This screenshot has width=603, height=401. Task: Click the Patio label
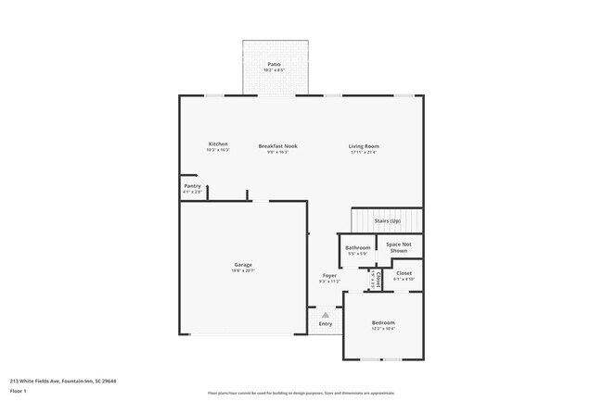pyautogui.click(x=273, y=64)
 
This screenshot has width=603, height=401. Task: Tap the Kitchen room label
pyautogui.click(x=218, y=144)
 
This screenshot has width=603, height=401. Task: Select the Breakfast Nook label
pyautogui.click(x=277, y=145)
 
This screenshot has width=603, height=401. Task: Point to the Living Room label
pyautogui.click(x=364, y=145)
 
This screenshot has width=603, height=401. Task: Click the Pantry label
pyautogui.click(x=192, y=186)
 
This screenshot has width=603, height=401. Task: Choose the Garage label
pyautogui.click(x=242, y=265)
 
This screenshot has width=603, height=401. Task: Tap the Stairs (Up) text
pyautogui.click(x=387, y=221)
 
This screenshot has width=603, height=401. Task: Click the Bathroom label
pyautogui.click(x=358, y=247)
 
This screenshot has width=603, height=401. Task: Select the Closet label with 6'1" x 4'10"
pyautogui.click(x=404, y=273)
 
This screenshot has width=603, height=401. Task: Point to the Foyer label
pyautogui.click(x=329, y=276)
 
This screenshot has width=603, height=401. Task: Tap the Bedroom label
pyautogui.click(x=383, y=322)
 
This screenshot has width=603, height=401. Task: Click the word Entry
pyautogui.click(x=326, y=323)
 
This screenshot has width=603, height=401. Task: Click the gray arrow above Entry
pyautogui.click(x=326, y=315)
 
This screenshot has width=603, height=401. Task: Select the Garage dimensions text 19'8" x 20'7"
pyautogui.click(x=242, y=270)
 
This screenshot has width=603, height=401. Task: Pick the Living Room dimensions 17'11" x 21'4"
pyautogui.click(x=364, y=152)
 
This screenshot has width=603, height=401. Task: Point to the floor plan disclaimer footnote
pyautogui.click(x=301, y=393)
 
